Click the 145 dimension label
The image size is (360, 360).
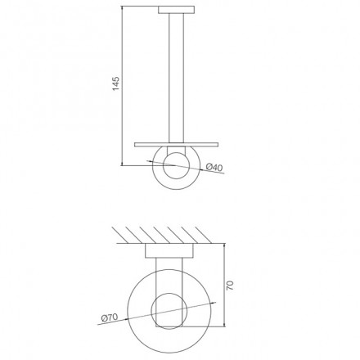pos(116,83)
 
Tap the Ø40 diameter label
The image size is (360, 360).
pos(214,167)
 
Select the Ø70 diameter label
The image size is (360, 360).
pos(110,317)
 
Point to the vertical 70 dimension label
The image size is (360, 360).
pos(230,285)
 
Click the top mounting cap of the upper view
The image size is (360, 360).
pos(177,10)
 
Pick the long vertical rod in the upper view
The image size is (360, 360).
pos(176,78)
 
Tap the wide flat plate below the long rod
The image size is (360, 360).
pos(177,144)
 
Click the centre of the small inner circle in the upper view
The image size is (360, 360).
pos(176,166)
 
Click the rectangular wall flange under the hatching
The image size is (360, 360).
pos(169,250)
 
